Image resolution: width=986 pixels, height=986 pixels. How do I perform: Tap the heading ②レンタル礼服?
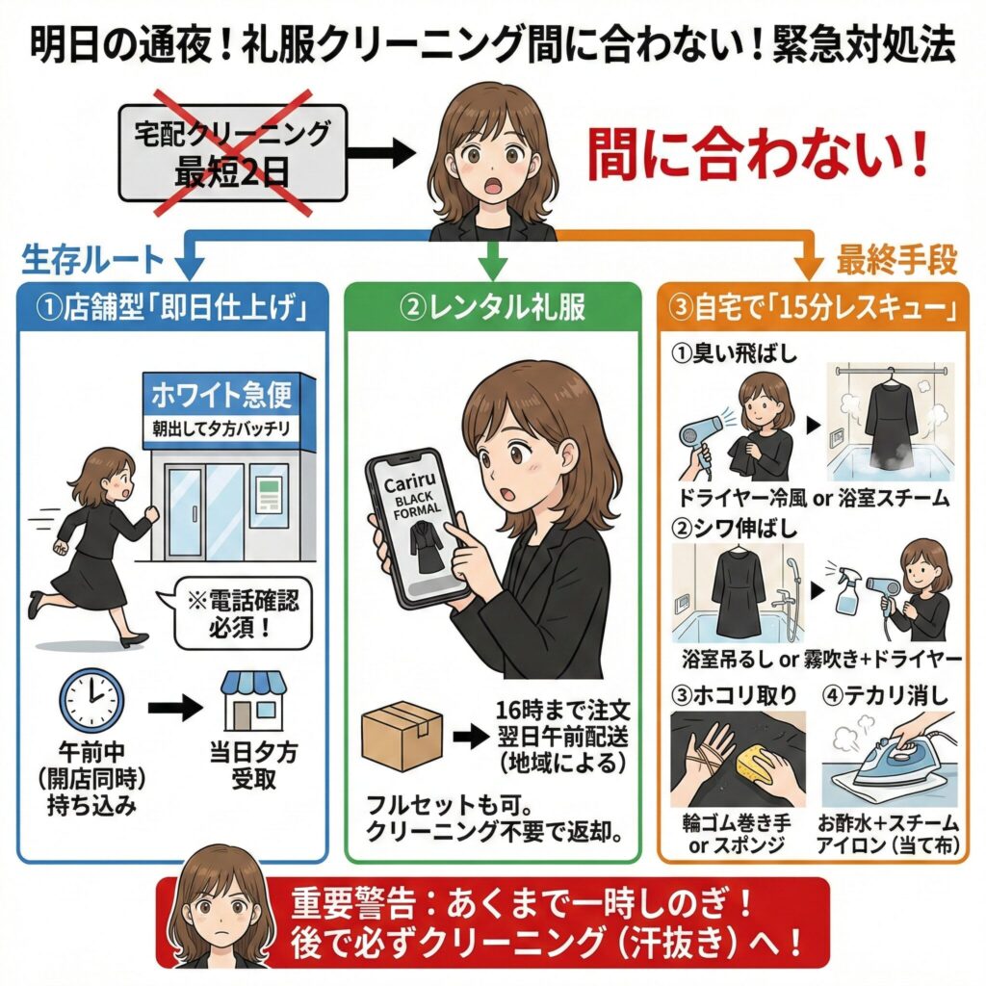[x=492, y=310]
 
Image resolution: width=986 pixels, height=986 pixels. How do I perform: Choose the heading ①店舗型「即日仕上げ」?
[x=172, y=310]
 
